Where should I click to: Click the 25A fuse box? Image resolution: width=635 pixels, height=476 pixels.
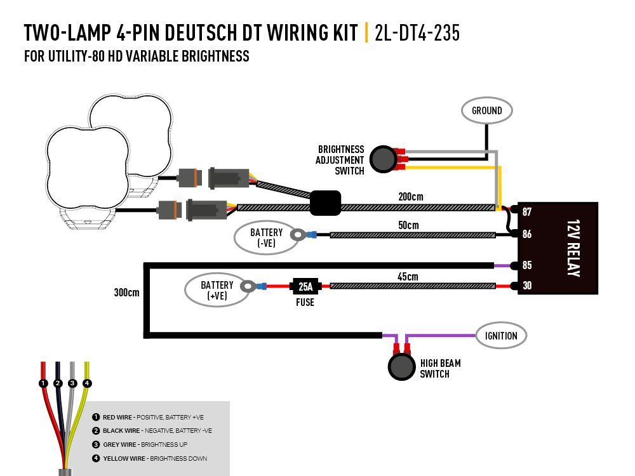305,286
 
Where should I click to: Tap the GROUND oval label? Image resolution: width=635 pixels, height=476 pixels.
486,110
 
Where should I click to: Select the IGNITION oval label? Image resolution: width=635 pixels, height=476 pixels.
501,336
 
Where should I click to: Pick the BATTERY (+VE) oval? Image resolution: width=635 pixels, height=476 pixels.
217,290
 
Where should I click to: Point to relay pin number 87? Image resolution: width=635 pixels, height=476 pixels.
526,212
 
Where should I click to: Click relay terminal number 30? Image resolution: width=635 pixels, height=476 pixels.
526,286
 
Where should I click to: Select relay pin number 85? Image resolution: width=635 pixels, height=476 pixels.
526,265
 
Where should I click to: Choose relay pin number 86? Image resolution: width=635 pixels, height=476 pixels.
526,234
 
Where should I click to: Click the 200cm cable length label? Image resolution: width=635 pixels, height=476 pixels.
411,197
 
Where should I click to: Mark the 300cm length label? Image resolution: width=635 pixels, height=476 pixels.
126,293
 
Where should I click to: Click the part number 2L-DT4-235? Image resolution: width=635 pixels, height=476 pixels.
417,33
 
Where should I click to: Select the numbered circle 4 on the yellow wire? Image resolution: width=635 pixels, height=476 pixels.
88,383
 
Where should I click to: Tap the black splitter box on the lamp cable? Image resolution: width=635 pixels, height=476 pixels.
325,202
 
